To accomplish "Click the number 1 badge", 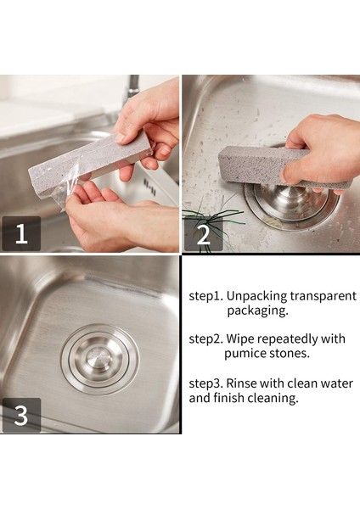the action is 21,233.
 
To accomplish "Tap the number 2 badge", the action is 204,234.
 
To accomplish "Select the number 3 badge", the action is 21,415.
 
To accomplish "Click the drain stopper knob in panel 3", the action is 99,359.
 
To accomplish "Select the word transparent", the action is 323,296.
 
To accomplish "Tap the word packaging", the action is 257,310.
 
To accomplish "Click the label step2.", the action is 206,339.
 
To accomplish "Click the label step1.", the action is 206,296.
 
